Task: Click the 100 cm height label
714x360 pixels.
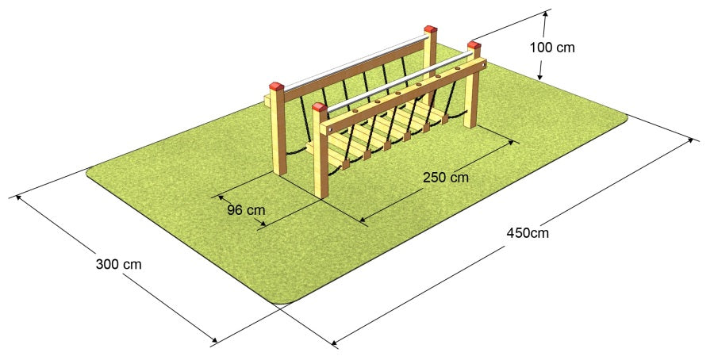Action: coord(552,48)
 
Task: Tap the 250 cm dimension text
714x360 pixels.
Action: coord(445,177)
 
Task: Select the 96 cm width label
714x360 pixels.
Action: coord(246,210)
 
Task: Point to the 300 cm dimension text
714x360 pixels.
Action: coord(118,264)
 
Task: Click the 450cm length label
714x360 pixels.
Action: coord(528,233)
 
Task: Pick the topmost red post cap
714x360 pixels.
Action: coord(430,29)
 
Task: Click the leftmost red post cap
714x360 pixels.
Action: coord(276,86)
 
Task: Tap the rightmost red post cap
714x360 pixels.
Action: coord(474,44)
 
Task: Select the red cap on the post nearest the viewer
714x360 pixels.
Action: coord(320,107)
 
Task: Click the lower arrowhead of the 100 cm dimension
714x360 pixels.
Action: coord(540,75)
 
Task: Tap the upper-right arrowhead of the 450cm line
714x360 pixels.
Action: coord(693,141)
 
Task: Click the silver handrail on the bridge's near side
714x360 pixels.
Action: coord(400,82)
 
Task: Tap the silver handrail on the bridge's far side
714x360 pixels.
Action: coord(355,63)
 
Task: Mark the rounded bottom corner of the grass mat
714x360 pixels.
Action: coord(283,301)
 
